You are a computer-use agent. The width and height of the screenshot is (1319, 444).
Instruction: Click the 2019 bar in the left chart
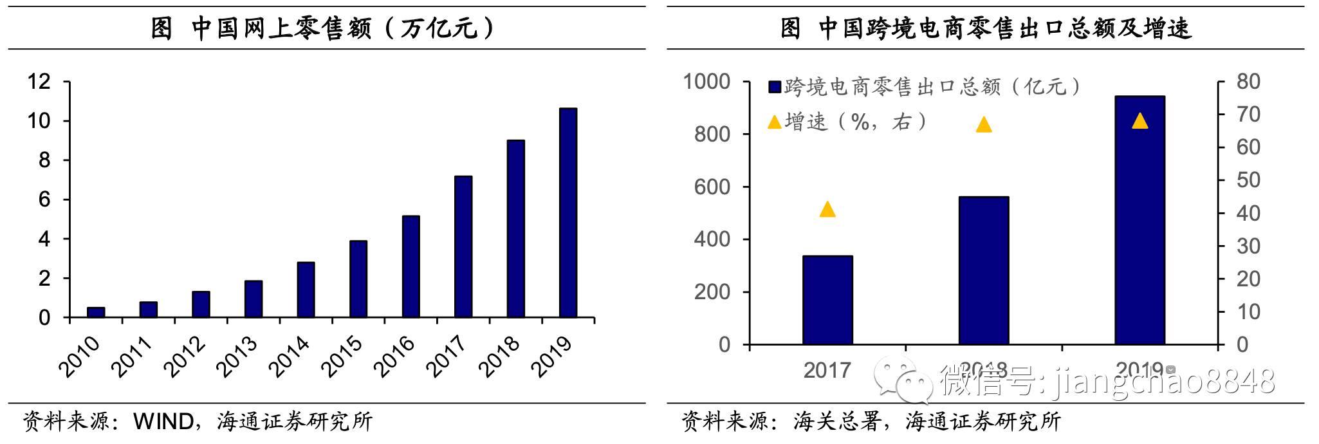(568, 213)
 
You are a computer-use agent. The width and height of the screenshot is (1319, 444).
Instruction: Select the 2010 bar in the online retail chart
(96, 312)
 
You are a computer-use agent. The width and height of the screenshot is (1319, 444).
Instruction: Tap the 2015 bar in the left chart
(358, 279)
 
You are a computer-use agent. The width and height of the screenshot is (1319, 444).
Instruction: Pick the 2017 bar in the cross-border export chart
(827, 301)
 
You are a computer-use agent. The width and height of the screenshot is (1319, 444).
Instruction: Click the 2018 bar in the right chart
(984, 271)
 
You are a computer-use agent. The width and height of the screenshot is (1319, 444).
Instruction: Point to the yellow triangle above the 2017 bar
(827, 210)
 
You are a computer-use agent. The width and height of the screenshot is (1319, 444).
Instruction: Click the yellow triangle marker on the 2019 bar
(1139, 121)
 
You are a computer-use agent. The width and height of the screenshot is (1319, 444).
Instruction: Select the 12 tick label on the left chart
(39, 82)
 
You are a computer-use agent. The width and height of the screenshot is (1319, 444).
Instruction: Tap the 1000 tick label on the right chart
(706, 82)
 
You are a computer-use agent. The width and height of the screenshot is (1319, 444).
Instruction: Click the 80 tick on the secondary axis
(1248, 82)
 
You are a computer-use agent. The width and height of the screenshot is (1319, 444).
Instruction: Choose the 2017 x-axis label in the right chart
(827, 371)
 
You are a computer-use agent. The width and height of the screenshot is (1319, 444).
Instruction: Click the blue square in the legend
(775, 87)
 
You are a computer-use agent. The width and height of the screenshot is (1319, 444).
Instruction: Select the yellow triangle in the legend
(775, 122)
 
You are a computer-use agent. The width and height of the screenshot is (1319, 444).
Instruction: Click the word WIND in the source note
(163, 421)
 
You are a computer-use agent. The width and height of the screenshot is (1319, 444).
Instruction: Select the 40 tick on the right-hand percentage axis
(1248, 213)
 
